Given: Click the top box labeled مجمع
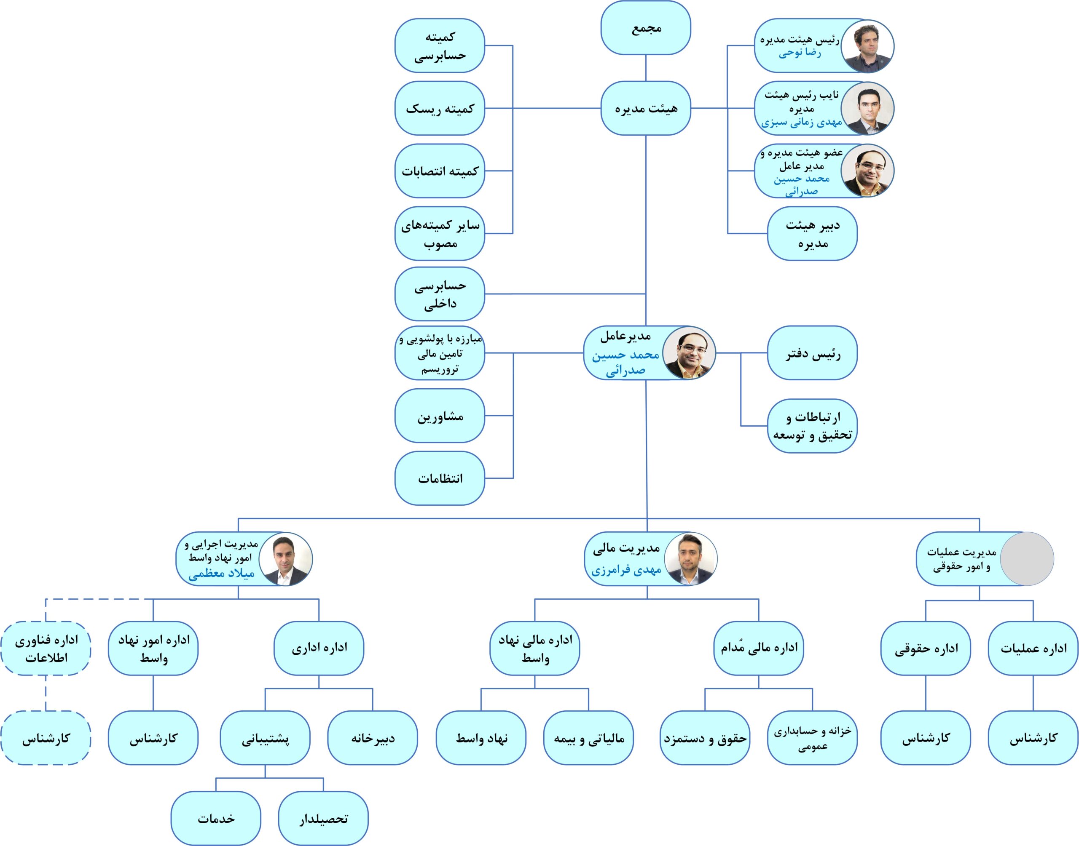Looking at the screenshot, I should tap(645, 28).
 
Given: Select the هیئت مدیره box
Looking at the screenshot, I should tap(645, 108).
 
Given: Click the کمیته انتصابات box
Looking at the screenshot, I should tap(440, 171).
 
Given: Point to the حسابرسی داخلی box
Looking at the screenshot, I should tap(440, 294).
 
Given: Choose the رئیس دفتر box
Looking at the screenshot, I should tap(812, 353).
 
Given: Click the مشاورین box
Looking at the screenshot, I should tap(440, 416).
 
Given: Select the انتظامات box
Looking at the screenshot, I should tap(440, 478).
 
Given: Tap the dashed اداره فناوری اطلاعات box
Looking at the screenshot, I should tap(46, 649).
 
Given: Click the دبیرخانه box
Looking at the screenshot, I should tap(372, 738).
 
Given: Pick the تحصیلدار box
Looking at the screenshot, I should tap(323, 819).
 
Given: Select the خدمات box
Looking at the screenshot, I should tap(216, 819).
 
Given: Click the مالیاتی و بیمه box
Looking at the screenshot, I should tap(588, 738).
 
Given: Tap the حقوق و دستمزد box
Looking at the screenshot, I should tap(704, 738).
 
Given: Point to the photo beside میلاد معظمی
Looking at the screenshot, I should tap(286, 559).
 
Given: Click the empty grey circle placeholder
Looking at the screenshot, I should tap(1026, 559).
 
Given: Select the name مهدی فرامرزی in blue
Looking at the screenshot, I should tap(626, 570).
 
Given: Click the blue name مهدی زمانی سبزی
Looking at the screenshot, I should tap(801, 123).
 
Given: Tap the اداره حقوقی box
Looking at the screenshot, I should tap(925, 649).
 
